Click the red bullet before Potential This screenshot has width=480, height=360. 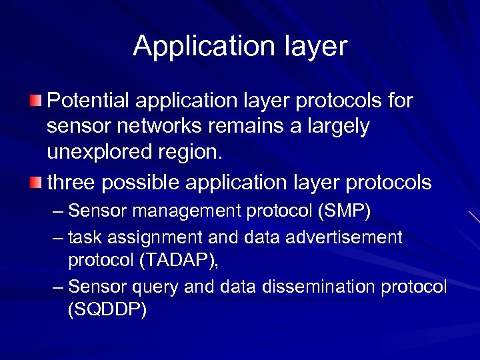pyautogui.click(x=35, y=101)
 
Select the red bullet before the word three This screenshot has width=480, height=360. pyautogui.click(x=35, y=182)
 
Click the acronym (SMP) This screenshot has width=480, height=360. pyautogui.click(x=345, y=212)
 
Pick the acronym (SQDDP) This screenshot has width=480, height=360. pyautogui.click(x=107, y=310)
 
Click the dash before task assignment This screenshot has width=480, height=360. pyautogui.click(x=58, y=237)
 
